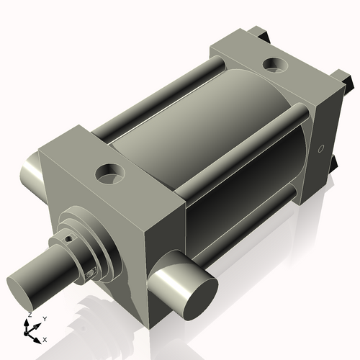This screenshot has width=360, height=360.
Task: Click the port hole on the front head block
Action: [109, 172]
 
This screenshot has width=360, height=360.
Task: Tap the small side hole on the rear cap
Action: [321, 150]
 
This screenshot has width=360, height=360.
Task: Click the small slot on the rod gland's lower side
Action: [90, 273]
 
